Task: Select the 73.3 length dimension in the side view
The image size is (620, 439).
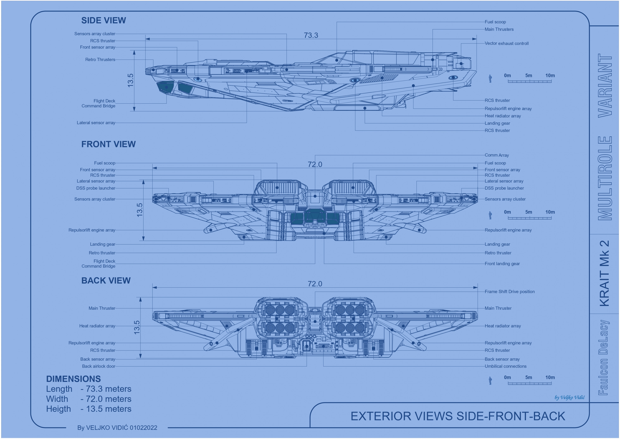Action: point(311,35)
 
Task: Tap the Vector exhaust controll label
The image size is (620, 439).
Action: point(507,43)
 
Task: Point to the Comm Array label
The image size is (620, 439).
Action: point(497,155)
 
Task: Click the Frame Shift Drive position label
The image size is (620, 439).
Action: point(510,292)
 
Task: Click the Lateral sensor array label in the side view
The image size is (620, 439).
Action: point(96,123)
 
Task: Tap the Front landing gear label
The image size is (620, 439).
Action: point(502,264)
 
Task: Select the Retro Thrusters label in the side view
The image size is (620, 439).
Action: point(100,59)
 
